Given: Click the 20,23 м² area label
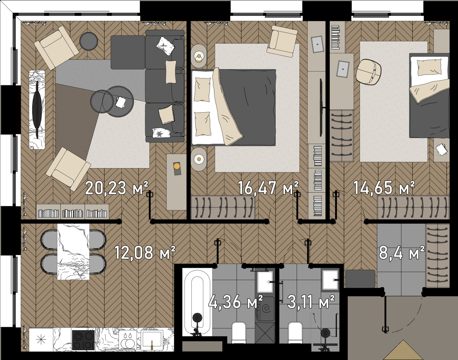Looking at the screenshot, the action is click(116, 188).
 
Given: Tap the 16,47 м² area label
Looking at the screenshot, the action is click(268, 188).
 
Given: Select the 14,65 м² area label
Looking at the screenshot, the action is click(384, 188).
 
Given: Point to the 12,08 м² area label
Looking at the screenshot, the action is click(145, 253).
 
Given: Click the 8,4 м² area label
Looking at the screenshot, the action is click(402, 253).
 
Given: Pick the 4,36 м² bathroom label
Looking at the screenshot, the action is click(236, 302).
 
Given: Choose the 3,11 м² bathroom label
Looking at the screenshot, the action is click(311, 302).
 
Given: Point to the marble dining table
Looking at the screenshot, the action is click(74, 251).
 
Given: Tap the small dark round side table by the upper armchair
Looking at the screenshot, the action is click(89, 41).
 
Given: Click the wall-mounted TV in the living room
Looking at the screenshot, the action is click(37, 109).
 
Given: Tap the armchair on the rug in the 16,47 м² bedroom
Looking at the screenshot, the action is click(282, 41).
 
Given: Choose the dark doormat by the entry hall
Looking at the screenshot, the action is click(360, 279).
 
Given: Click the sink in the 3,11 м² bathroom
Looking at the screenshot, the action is click(330, 280).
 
